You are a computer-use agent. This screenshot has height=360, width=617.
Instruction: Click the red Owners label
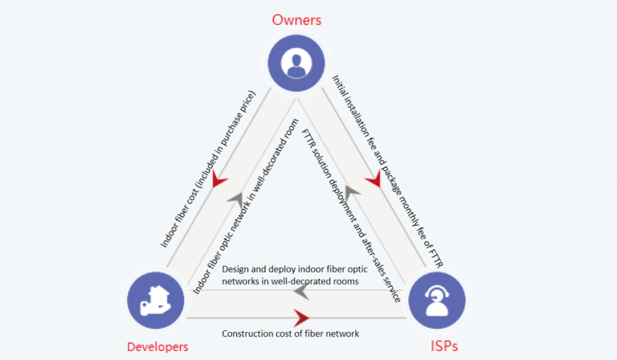click(x=297, y=18)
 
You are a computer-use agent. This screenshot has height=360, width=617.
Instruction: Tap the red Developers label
click(x=157, y=346)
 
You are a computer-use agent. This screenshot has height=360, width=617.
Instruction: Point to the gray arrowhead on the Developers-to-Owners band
click(x=234, y=198)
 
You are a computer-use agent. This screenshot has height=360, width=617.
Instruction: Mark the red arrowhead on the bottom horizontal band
click(x=301, y=317)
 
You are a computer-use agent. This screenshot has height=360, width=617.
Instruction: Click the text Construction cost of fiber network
click(x=290, y=333)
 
